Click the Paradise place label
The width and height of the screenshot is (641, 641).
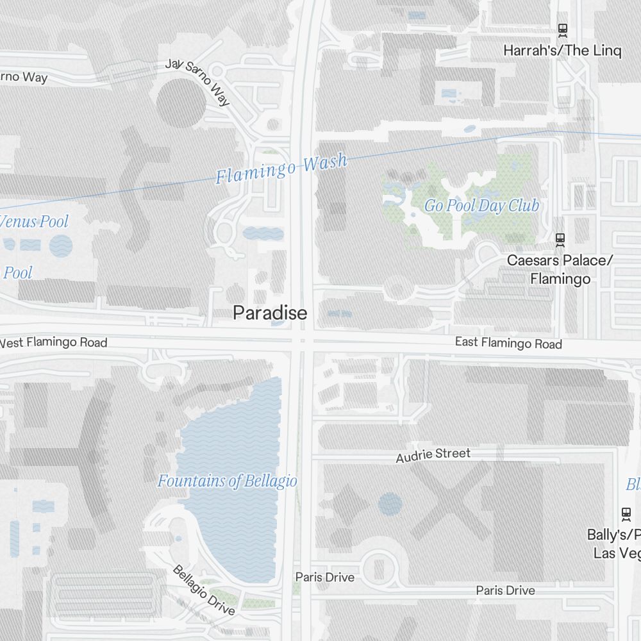click(270, 313)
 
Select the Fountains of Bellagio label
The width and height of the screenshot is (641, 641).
click(227, 481)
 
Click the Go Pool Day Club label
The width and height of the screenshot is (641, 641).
click(481, 206)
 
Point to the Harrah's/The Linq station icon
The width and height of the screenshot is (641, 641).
click(562, 29)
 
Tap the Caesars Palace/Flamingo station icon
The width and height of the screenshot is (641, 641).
click(560, 240)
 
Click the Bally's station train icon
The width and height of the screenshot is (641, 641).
click(626, 513)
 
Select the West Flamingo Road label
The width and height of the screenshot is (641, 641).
click(54, 342)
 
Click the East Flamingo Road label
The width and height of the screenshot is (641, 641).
click(508, 343)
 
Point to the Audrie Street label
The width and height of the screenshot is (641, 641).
click(433, 455)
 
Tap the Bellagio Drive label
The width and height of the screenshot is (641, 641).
click(204, 590)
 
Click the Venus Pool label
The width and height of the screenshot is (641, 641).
click(35, 222)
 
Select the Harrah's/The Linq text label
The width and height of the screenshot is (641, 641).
click(562, 51)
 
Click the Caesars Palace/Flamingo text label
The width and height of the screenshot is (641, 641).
click(560, 270)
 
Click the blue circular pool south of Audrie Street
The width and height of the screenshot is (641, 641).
click(390, 504)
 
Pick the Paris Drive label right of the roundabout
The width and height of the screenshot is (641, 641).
click(505, 590)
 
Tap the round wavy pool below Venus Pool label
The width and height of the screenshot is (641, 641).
click(61, 246)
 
